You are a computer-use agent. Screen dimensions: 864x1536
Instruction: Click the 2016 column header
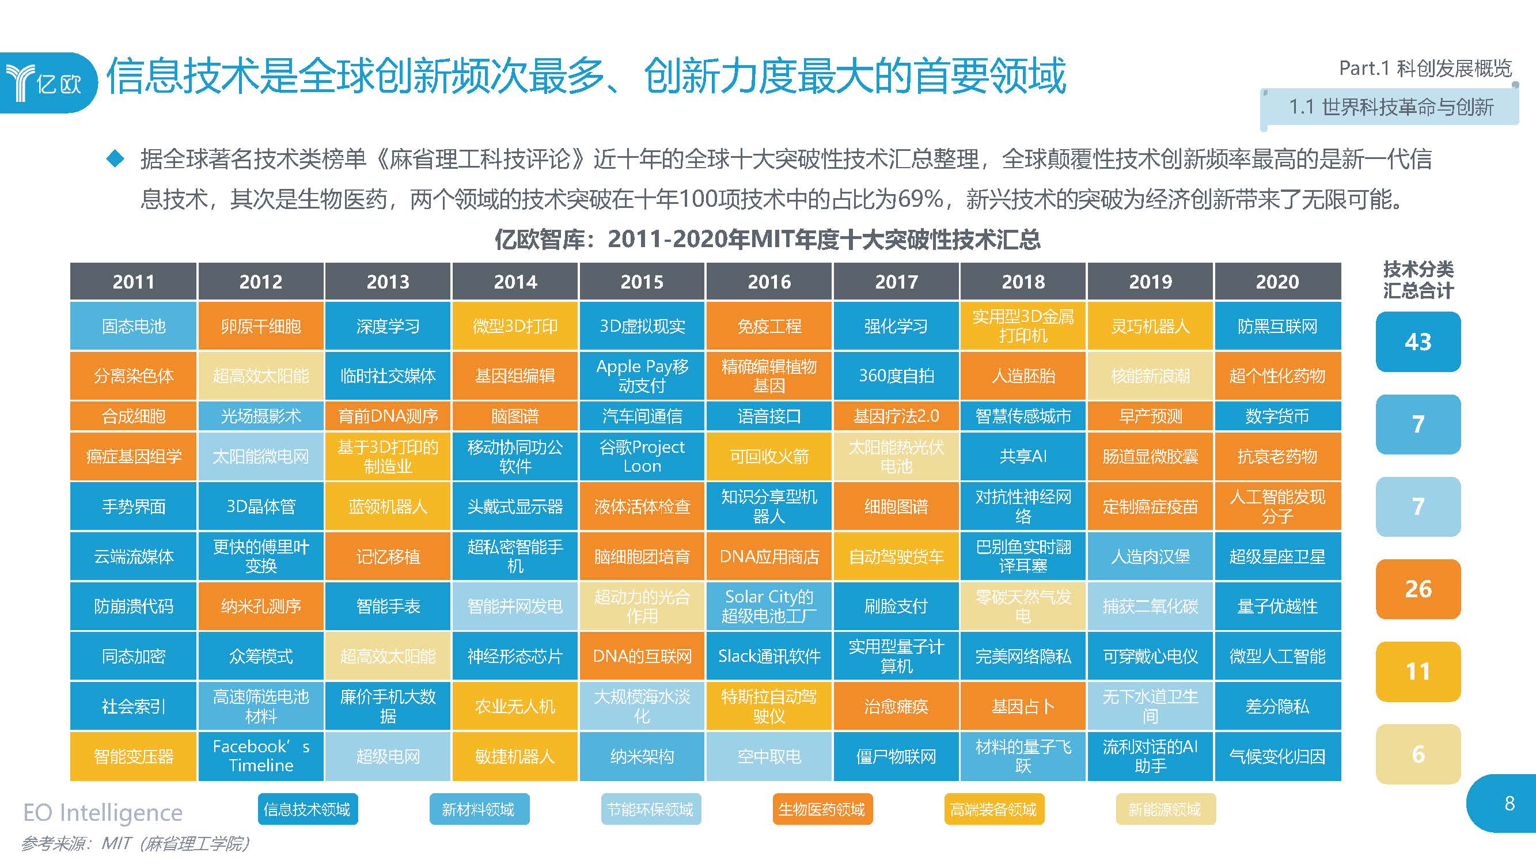pos(769,282)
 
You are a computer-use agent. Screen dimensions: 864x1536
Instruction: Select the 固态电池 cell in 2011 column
pos(133,326)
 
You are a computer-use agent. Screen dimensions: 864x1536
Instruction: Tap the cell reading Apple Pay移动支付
pos(642,376)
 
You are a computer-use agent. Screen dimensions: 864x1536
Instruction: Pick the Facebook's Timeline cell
pos(260,756)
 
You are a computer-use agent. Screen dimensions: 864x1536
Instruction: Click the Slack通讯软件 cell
pos(769,656)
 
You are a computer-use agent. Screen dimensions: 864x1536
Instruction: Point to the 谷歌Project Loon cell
pos(642,456)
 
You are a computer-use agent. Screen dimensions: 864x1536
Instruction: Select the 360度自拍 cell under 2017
pos(896,376)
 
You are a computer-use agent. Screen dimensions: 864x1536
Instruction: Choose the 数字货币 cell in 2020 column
pos(1277,416)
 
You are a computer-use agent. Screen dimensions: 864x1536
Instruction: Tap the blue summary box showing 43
pos(1417,342)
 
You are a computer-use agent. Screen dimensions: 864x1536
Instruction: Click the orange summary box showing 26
pos(1417,589)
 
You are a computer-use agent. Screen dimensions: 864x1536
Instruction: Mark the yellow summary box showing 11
pos(1417,672)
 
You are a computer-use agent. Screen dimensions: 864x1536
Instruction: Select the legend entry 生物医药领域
pos(822,809)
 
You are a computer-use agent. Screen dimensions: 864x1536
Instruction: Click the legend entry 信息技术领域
pos(308,809)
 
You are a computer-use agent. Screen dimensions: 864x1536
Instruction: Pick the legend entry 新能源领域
pos(1165,809)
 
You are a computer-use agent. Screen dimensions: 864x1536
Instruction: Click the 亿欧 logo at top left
pos(48,82)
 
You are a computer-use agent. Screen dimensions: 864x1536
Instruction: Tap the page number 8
pos(1509,803)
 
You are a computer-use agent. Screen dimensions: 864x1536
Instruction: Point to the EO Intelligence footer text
pos(103,813)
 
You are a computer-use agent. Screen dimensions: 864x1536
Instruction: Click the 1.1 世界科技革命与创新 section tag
pos(1390,107)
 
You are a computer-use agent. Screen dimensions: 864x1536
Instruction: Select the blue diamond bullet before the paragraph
pos(115,158)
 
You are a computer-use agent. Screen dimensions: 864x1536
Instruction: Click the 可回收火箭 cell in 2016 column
pos(769,456)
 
